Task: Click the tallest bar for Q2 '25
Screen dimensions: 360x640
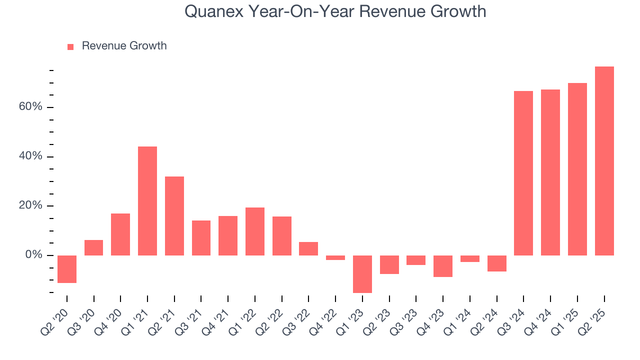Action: pos(604,161)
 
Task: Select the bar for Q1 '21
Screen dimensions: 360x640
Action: pos(147,201)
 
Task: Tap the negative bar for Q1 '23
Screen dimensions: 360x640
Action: pos(362,274)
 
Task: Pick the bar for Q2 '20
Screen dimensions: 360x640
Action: pos(67,269)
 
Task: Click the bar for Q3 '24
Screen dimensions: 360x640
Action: pos(523,173)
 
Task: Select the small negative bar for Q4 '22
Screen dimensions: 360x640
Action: pos(335,258)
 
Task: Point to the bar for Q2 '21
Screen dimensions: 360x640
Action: pos(174,216)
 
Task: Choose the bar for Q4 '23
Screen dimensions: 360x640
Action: pos(443,266)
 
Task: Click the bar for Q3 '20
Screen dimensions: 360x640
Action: pos(93,247)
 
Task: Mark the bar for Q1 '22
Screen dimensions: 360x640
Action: pos(255,231)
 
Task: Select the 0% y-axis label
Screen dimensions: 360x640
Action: pos(35,255)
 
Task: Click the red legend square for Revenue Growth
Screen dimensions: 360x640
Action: pos(70,46)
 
